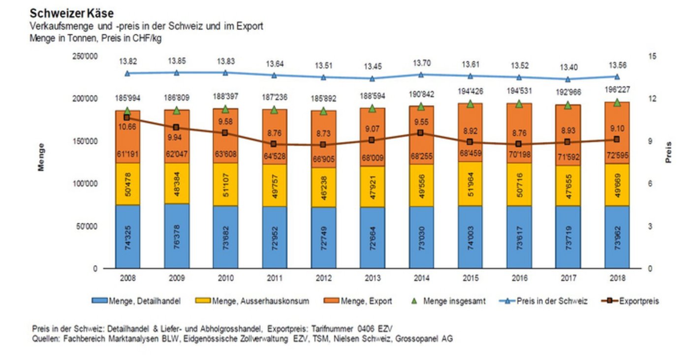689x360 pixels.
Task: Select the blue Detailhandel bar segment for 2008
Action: (x=127, y=236)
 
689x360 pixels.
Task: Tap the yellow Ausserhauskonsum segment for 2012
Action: (x=323, y=187)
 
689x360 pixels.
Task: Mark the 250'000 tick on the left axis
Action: (x=85, y=57)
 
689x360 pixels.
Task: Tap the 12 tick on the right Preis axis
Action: (x=653, y=99)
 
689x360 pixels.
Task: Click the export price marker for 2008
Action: (x=127, y=118)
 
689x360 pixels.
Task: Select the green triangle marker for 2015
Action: (x=470, y=104)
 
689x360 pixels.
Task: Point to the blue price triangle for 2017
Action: (x=568, y=79)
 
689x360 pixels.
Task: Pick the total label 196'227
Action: (x=617, y=90)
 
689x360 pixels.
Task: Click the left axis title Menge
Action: (x=41, y=157)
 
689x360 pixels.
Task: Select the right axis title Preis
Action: (x=668, y=153)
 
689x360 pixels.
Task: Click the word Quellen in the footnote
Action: (x=46, y=339)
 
